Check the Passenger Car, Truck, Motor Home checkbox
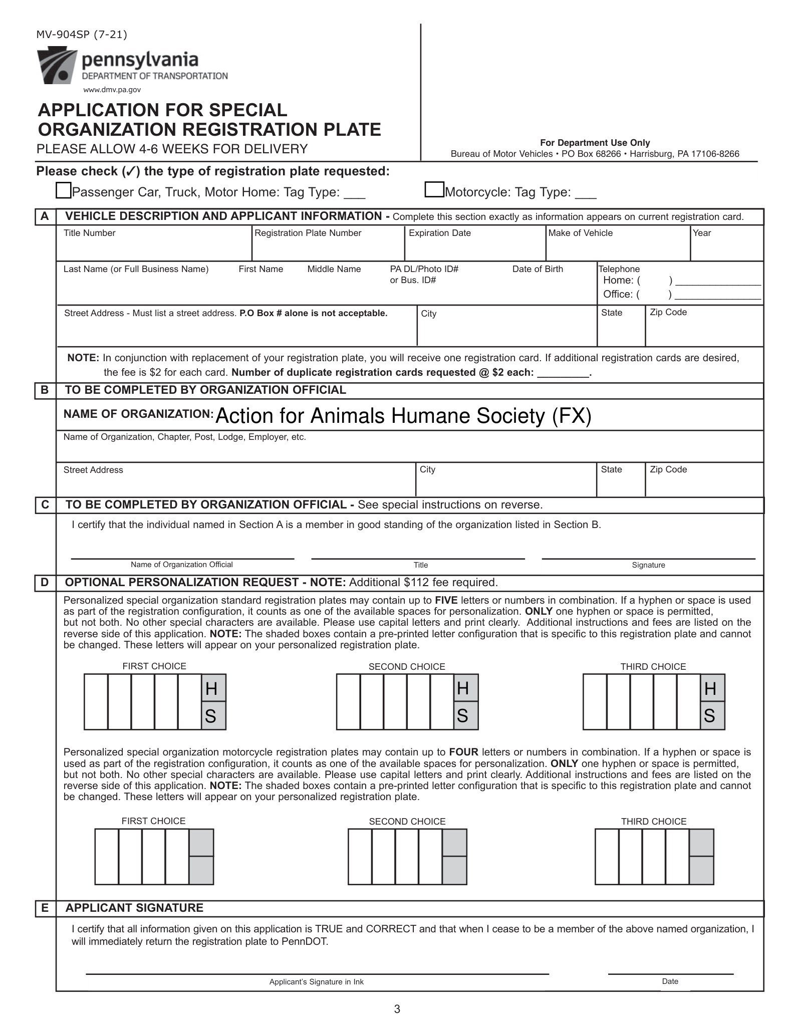tap(63, 191)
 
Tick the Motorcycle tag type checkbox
tap(434, 190)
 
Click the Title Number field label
tap(89, 233)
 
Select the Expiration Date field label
tap(439, 233)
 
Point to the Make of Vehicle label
tap(580, 233)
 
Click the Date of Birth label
tap(538, 269)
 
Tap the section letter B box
tap(45, 390)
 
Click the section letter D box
tap(45, 583)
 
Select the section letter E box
tap(45, 908)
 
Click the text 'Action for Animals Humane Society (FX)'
tap(403, 416)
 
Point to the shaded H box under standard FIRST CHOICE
tap(214, 688)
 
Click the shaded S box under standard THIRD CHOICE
tap(712, 716)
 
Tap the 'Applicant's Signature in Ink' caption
tap(316, 982)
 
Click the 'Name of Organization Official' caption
tap(181, 565)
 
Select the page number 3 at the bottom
tap(397, 1009)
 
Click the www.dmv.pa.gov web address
tap(112, 90)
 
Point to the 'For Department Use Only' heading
tap(595, 143)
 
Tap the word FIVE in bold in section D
tap(446, 600)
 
